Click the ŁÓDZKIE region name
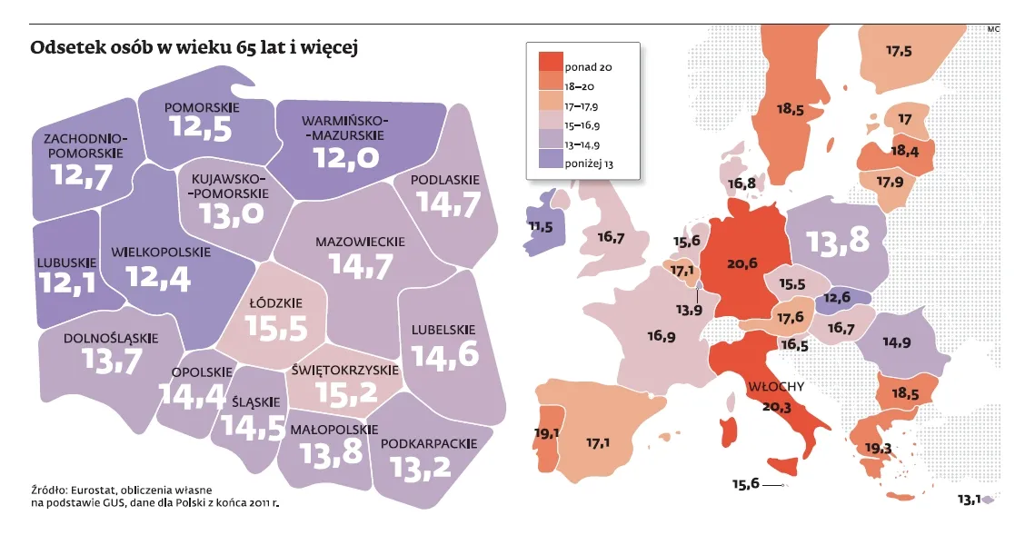[275, 302]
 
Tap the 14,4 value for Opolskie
[191, 394]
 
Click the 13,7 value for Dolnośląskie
[111, 361]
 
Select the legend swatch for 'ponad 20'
[550, 62]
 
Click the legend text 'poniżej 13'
[589, 164]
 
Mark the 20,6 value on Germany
[742, 263]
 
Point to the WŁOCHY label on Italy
[774, 386]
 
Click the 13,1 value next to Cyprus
[970, 499]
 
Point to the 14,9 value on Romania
[896, 342]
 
